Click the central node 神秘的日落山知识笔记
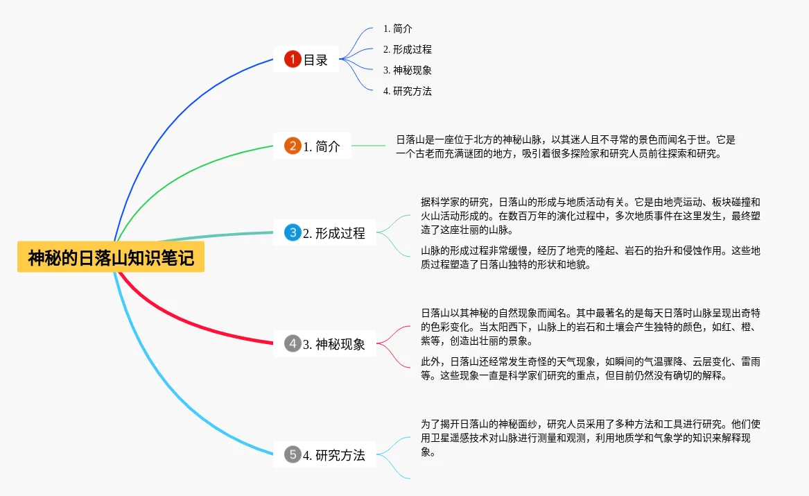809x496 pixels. [111, 258]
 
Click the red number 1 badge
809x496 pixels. [293, 60]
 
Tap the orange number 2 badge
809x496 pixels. [293, 146]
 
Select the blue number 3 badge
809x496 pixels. [293, 233]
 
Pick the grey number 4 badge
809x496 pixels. [293, 343]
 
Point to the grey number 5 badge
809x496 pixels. [293, 455]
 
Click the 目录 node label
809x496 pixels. [315, 60]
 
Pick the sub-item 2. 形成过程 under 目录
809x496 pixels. [407, 49]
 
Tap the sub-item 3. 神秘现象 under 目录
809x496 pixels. [407, 70]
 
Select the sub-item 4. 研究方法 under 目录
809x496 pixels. [407, 91]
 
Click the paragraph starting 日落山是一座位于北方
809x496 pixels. [565, 146]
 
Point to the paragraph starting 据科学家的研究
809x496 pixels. [590, 216]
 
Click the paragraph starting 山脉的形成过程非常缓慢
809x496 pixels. [590, 257]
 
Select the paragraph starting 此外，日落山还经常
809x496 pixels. [590, 368]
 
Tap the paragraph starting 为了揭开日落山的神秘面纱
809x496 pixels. [590, 437]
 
